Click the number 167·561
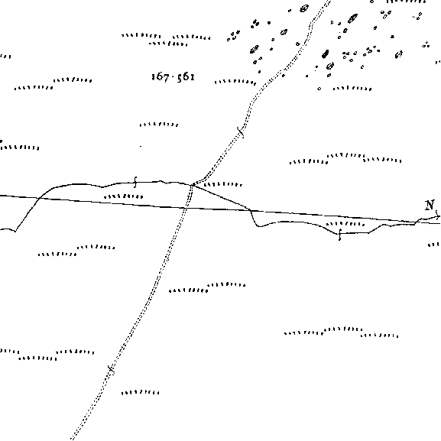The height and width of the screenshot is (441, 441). coord(173,76)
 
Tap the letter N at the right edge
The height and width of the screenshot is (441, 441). coord(430,205)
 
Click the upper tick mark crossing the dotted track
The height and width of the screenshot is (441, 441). coord(241,132)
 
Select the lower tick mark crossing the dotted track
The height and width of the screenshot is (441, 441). coord(111,369)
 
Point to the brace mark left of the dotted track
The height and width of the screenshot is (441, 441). coord(135,182)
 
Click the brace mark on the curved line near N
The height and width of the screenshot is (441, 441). coord(340,235)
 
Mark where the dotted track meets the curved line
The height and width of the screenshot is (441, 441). coord(192,185)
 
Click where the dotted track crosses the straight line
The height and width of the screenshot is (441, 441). coord(186,208)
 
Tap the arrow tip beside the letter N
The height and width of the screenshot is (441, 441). coord(439,216)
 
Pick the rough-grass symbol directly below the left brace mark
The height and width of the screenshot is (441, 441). coord(124,196)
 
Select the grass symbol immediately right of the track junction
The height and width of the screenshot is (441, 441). coord(222,184)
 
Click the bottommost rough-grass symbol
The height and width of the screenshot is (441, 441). coord(140,392)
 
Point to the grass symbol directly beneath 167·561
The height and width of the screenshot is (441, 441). coord(159,125)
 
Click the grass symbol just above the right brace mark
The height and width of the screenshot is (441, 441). coord(345,224)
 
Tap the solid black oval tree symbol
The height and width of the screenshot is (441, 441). coord(326,54)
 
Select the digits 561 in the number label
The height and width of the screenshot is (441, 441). coord(186,77)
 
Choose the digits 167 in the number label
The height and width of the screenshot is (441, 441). coord(160,76)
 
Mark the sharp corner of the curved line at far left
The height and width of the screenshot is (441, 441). coord(15,232)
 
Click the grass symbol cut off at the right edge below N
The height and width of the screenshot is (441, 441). coord(434,245)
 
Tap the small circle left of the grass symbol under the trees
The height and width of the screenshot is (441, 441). coord(319,89)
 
